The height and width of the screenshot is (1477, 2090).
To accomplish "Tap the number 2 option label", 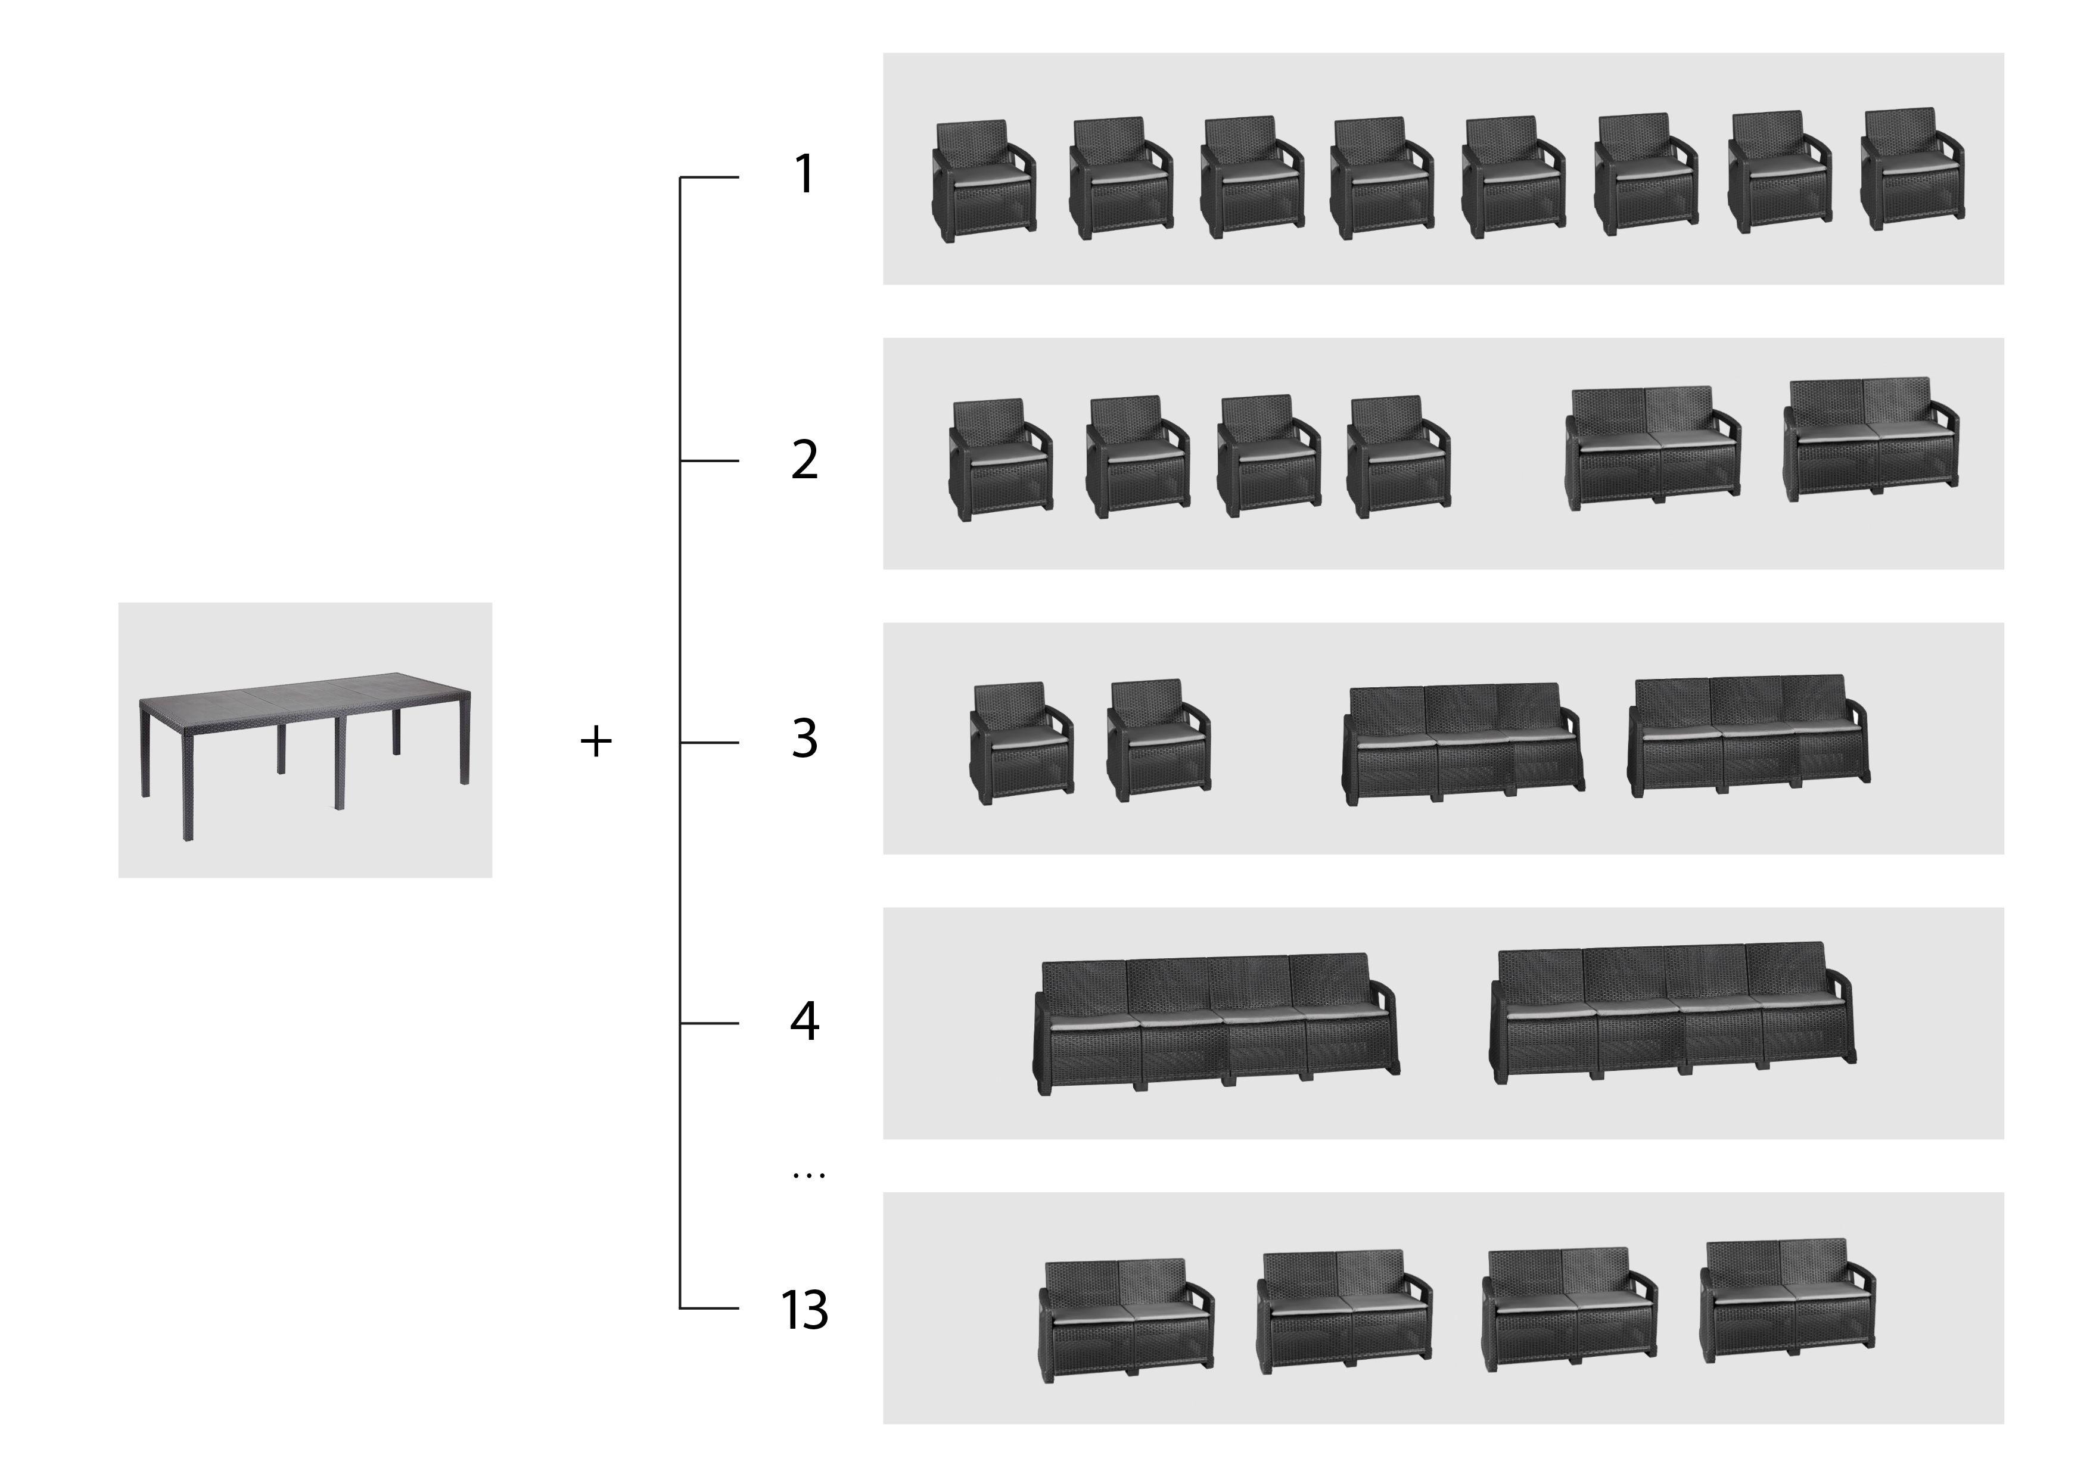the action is (805, 460).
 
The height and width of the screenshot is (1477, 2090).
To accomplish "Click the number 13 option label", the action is (805, 1310).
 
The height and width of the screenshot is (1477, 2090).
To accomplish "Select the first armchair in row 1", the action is (984, 181).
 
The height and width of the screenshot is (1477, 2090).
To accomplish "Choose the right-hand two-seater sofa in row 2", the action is (1871, 439).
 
